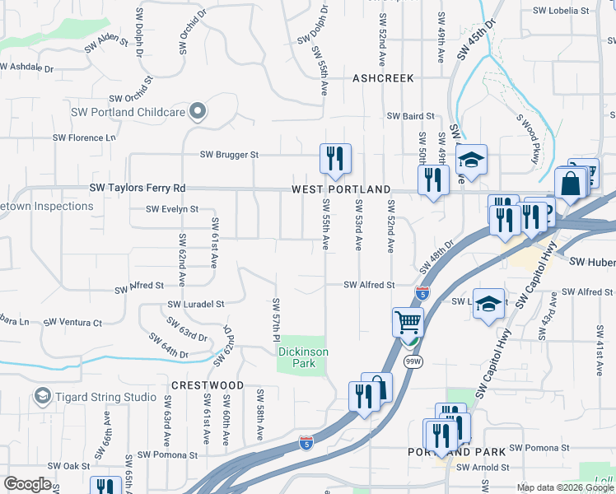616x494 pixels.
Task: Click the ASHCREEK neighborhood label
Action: [x=382, y=78]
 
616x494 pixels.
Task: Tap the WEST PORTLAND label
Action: [x=340, y=189]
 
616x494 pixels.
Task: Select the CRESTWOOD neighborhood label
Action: [x=208, y=385]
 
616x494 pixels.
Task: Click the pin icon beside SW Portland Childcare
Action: [x=197, y=110]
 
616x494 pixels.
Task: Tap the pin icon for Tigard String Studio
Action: [x=42, y=397]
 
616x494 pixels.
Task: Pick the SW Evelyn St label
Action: [x=172, y=209]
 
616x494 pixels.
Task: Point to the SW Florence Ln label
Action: [x=85, y=137]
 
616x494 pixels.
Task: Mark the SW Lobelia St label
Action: [x=562, y=11]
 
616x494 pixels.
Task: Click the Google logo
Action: [x=27, y=484]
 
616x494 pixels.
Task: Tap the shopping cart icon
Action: [x=407, y=321]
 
